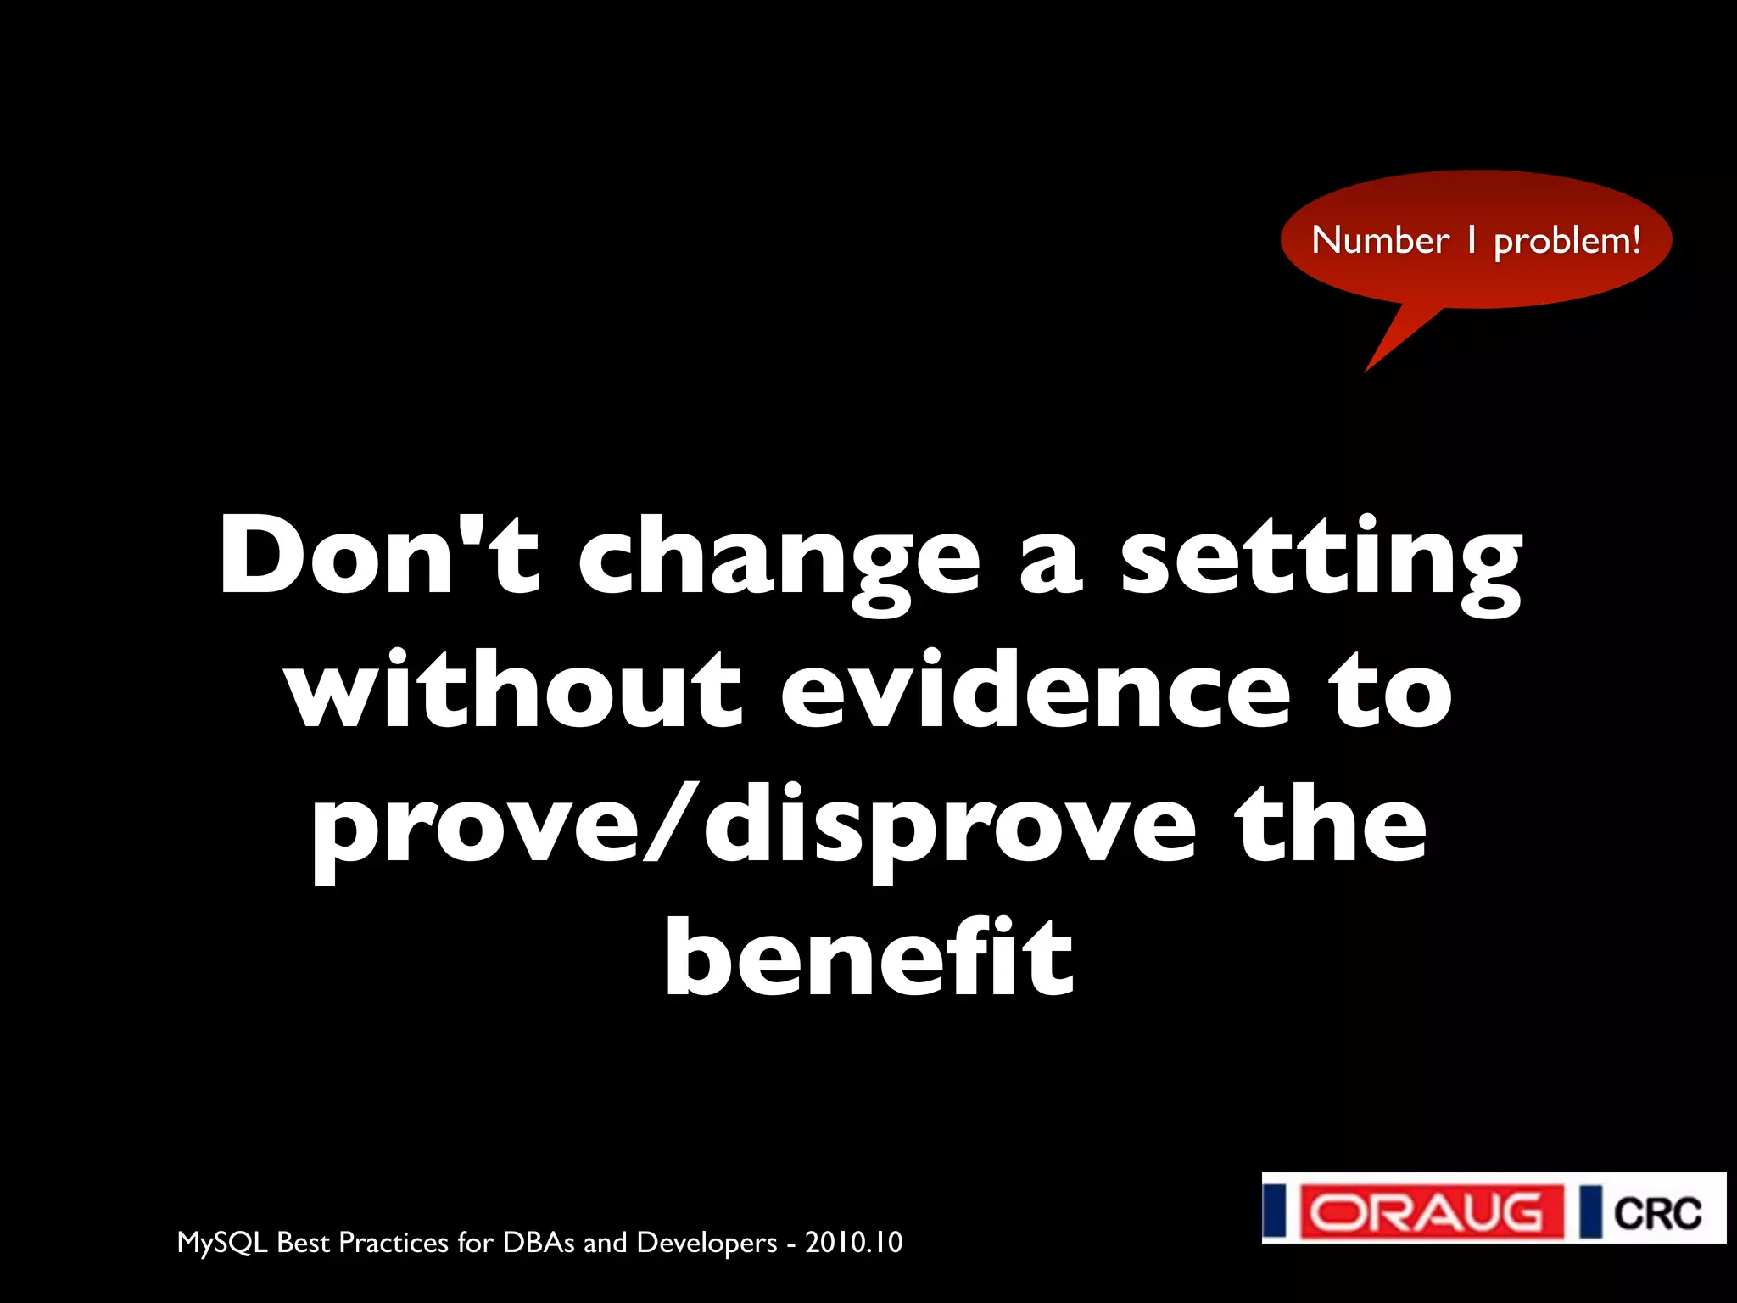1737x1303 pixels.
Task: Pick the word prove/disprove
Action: pyautogui.click(x=754, y=827)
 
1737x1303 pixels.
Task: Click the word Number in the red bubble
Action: pyautogui.click(x=1380, y=241)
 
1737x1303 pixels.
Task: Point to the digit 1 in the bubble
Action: pyautogui.click(x=1472, y=241)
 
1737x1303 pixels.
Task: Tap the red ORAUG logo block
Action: pyautogui.click(x=1431, y=1211)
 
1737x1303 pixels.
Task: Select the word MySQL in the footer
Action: pyautogui.click(x=222, y=1243)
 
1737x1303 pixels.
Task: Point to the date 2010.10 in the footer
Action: pyautogui.click(x=854, y=1242)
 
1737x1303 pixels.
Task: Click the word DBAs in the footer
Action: pyautogui.click(x=539, y=1242)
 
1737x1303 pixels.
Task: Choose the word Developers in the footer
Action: pyautogui.click(x=707, y=1243)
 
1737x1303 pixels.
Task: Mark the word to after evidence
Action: pyautogui.click(x=1391, y=691)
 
